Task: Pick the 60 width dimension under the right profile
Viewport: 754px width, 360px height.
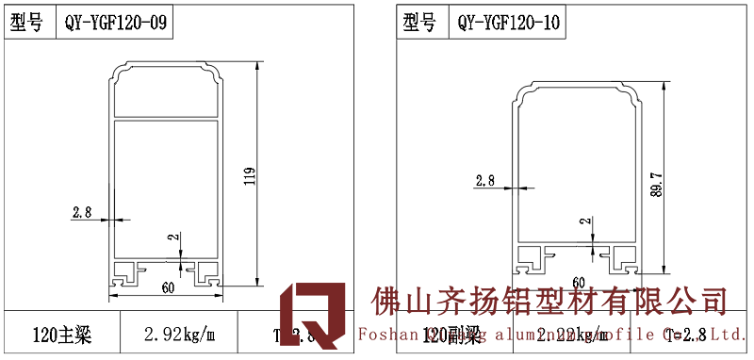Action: (579, 282)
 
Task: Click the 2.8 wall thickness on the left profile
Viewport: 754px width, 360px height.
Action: (81, 213)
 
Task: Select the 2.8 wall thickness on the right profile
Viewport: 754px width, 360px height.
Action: (485, 180)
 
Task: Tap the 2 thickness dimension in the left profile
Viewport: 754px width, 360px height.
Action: (171, 239)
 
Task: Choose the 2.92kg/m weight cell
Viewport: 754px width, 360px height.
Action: (179, 335)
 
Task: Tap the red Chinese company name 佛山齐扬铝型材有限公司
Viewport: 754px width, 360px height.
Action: (550, 303)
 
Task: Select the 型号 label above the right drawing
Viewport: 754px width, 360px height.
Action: (419, 24)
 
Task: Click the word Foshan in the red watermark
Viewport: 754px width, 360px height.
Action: (386, 334)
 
